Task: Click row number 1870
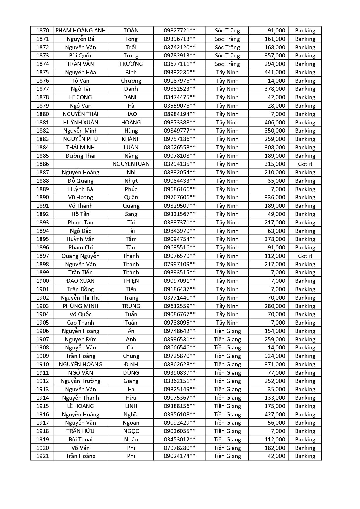coord(42,30)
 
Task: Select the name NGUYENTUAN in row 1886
coord(131,164)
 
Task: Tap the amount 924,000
coord(274,356)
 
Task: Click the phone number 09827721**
coord(180,30)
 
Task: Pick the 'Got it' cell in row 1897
coord(305,256)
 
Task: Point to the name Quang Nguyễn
coord(80,256)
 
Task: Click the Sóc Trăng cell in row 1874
coord(227,64)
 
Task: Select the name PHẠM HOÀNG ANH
coord(81,30)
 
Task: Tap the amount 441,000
coord(274,72)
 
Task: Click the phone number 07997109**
coord(180,264)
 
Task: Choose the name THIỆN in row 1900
coord(131,281)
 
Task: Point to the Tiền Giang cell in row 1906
coord(227,331)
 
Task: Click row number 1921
coord(42,456)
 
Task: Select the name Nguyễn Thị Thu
coord(80,298)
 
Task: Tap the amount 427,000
coord(274,414)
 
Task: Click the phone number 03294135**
coord(180,164)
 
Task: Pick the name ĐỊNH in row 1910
coord(131,364)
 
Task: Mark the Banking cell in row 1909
coord(305,356)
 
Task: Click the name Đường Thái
coord(80,156)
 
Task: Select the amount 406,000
coord(274,122)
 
